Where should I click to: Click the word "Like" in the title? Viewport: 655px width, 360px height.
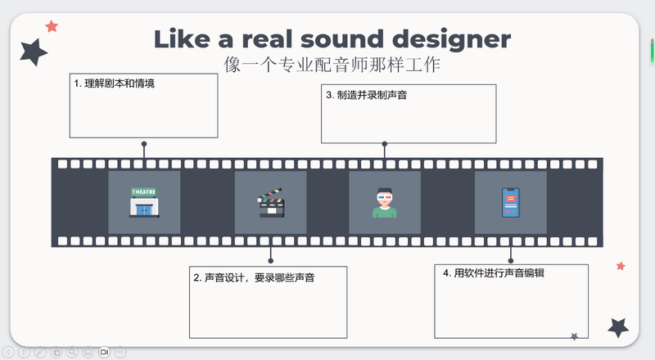point(182,38)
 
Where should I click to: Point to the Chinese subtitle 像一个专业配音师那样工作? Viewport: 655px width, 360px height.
point(332,64)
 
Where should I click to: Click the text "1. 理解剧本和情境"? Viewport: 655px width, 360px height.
point(114,83)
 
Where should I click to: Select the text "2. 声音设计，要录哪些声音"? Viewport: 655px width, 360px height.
point(255,277)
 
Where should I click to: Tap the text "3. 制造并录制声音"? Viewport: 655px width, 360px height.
point(366,95)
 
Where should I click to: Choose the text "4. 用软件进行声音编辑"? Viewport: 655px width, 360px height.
point(500,272)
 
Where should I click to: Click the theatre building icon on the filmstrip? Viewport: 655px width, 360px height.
point(144,202)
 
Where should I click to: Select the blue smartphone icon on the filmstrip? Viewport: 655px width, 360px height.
point(510,202)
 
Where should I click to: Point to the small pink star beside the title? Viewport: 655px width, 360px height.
point(52,26)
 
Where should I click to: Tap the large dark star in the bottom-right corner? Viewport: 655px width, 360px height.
point(618,327)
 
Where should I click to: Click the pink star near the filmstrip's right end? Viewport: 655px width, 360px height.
point(621,266)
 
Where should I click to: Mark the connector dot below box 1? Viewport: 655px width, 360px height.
point(144,143)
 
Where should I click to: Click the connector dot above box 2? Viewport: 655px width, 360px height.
point(271,260)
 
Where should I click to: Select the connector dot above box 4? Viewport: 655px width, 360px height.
point(511,260)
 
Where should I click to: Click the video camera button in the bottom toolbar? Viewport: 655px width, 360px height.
point(104,352)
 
